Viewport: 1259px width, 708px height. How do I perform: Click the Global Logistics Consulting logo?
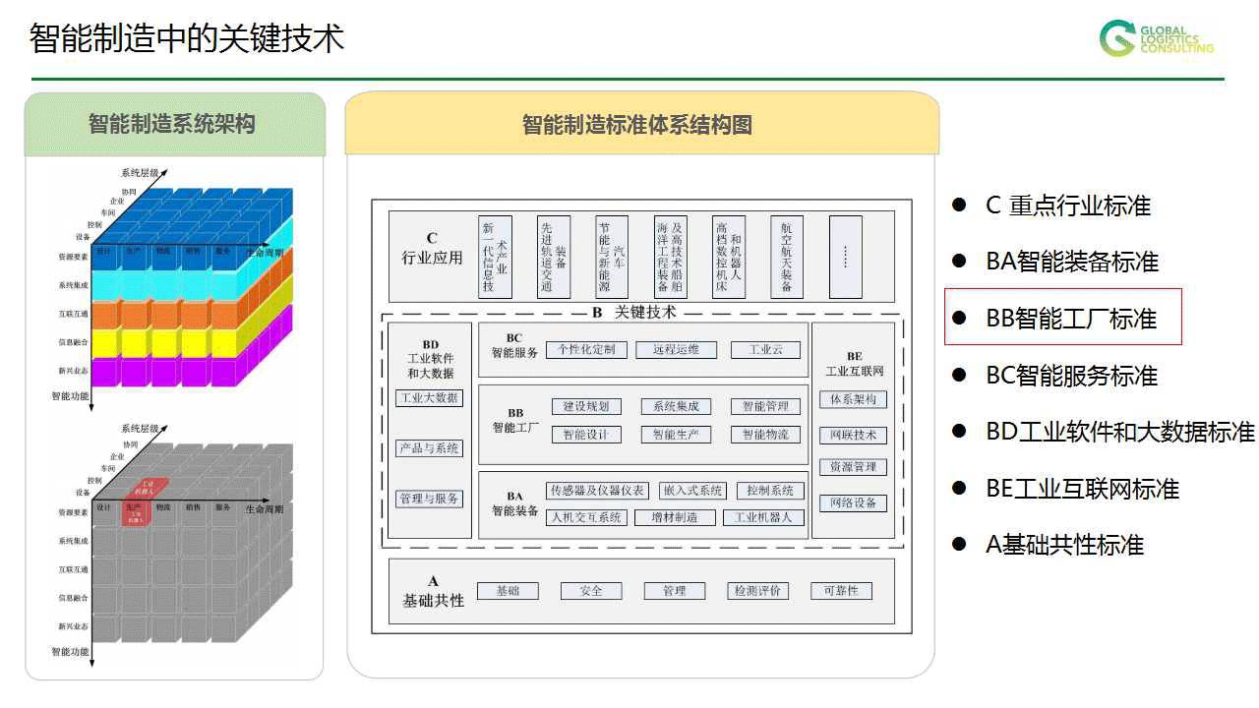coord(1156,38)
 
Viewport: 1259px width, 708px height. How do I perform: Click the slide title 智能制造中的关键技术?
coord(187,38)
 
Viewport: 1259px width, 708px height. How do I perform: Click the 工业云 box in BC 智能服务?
coord(765,349)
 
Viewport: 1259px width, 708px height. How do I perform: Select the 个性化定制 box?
coord(587,349)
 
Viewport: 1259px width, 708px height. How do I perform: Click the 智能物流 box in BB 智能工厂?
coord(765,434)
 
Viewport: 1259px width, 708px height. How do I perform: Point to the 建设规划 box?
coord(586,406)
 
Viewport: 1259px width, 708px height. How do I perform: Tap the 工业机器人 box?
coord(763,517)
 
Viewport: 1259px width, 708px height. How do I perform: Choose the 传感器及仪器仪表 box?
coord(598,491)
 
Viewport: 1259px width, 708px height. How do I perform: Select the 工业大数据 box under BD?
coord(429,398)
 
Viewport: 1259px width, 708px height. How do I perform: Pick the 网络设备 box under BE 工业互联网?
coord(853,502)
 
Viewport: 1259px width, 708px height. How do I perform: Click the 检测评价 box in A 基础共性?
coord(757,591)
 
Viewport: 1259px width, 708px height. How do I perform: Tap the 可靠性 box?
coord(841,591)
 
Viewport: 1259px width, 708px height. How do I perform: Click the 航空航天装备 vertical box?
coord(786,257)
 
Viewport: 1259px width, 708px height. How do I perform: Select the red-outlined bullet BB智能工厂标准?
coord(1062,318)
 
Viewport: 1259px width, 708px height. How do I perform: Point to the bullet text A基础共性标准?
coord(1064,545)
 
